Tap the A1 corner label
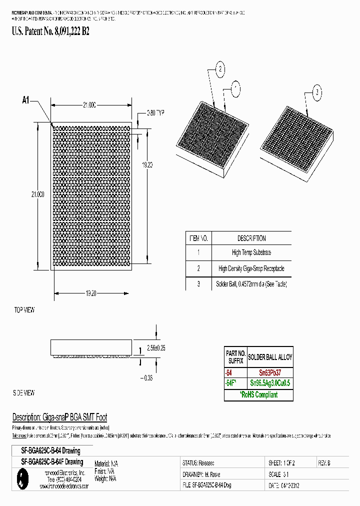point(26,100)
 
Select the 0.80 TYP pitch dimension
point(155,113)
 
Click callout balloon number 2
point(220,69)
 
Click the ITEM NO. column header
point(198,238)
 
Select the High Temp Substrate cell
point(251,253)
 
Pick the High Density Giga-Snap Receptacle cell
point(251,268)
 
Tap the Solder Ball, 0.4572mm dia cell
point(251,283)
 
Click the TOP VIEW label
point(24,310)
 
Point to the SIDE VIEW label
point(23,392)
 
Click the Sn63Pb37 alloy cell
point(269,373)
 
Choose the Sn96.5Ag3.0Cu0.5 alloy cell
point(269,383)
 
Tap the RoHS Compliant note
point(258,395)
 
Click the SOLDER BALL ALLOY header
point(270,357)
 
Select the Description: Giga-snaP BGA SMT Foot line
point(59,417)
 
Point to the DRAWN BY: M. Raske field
point(201,474)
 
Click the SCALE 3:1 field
point(279,474)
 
